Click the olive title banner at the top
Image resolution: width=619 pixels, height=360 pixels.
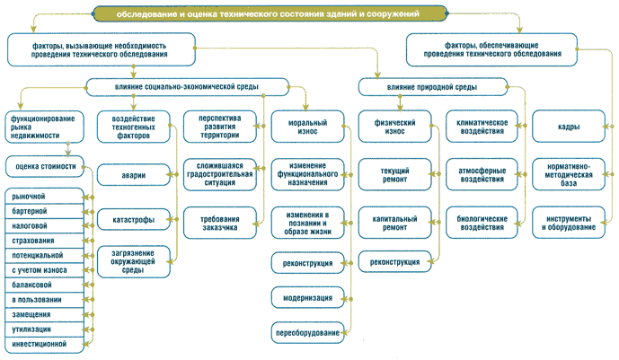click(270, 13)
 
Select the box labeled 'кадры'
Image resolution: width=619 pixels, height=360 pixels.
click(569, 127)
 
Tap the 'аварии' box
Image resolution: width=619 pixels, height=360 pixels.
click(134, 175)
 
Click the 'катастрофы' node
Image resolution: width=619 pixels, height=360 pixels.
click(134, 220)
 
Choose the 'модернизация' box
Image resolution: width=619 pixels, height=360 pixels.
click(307, 298)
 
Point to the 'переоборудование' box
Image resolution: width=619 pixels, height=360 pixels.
click(307, 333)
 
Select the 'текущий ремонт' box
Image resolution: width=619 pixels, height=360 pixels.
click(394, 175)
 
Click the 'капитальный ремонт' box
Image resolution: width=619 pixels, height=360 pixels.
click(394, 223)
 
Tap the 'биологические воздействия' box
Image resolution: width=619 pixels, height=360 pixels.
click(482, 223)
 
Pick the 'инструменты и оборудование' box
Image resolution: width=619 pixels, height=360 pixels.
click(569, 223)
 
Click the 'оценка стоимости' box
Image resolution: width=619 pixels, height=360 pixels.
click(45, 166)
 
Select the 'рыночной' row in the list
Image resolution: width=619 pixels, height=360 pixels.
click(45, 197)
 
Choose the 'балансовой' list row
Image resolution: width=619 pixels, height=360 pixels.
click(45, 285)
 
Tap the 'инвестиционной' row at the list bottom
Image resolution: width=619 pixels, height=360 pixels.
click(45, 345)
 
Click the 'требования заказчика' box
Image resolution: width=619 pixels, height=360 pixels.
click(220, 223)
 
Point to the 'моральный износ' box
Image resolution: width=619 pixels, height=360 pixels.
click(307, 127)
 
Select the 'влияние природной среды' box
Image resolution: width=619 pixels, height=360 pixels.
click(433, 87)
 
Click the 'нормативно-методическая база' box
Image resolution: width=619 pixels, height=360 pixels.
click(569, 175)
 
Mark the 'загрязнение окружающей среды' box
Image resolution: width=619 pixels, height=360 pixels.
click(134, 262)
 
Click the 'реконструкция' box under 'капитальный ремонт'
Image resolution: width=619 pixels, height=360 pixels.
click(394, 262)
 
